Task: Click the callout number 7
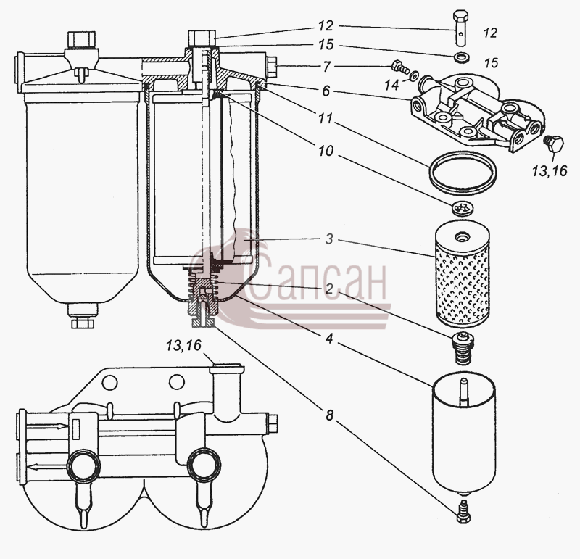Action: click(326, 67)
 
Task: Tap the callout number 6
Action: click(326, 91)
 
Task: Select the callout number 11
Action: click(326, 118)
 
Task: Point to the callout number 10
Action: click(326, 151)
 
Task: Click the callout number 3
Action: click(329, 239)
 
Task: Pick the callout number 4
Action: click(329, 338)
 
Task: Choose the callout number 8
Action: click(329, 415)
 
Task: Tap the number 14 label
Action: click(391, 85)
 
